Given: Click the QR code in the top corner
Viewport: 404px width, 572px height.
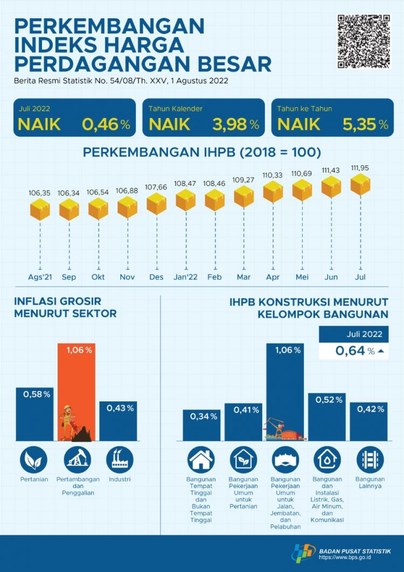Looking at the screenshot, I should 364,41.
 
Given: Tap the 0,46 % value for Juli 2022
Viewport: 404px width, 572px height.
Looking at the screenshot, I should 106,124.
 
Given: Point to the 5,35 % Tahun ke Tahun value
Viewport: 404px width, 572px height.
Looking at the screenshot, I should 365,124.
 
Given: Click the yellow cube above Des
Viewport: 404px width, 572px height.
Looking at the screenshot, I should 157,204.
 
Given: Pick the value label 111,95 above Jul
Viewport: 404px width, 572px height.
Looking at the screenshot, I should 360,168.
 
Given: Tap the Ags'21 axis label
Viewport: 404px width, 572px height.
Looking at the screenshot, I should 40,278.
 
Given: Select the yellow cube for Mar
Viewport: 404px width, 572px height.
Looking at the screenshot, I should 244,197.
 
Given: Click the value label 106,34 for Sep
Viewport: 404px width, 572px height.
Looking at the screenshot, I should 69,192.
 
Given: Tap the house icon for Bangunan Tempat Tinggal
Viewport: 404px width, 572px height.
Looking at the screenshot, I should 201,460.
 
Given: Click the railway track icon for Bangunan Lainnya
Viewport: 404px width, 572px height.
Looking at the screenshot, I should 370,460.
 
